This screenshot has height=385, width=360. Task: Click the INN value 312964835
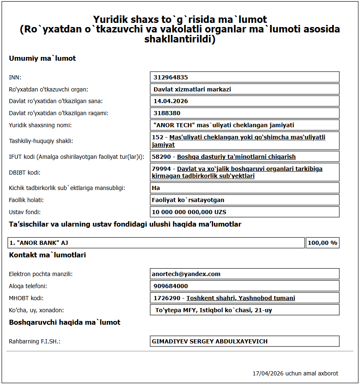(x=171, y=77)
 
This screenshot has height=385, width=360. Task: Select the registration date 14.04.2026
(x=171, y=101)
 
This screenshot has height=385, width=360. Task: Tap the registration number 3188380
(x=167, y=113)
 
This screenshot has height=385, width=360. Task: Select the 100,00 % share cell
(x=322, y=243)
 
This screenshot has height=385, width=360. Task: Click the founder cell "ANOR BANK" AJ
(x=156, y=243)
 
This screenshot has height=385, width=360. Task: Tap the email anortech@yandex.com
(x=186, y=274)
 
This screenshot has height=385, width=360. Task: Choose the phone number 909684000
(x=171, y=286)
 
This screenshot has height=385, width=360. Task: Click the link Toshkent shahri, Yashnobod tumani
(x=241, y=298)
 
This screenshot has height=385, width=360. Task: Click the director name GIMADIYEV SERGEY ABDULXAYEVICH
(x=210, y=341)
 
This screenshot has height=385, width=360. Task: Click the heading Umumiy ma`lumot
(x=42, y=59)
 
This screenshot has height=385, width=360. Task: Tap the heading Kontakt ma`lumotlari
(x=47, y=255)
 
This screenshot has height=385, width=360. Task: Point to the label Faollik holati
(x=26, y=200)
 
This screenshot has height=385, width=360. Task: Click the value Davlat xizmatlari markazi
(x=192, y=89)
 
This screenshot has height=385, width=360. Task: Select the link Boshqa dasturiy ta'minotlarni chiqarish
(x=236, y=157)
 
